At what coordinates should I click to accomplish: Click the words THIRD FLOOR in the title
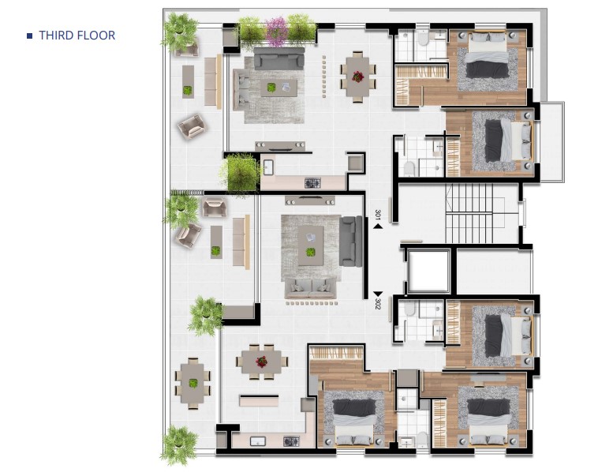[77, 36]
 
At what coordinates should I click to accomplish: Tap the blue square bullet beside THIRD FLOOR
[29, 36]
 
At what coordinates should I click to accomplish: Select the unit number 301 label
[378, 215]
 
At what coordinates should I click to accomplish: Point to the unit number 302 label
[378, 304]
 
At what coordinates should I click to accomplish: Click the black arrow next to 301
[378, 226]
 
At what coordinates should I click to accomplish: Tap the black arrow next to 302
[378, 294]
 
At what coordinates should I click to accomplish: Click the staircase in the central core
[469, 214]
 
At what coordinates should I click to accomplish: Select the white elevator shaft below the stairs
[428, 272]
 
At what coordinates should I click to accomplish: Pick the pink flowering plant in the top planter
[277, 31]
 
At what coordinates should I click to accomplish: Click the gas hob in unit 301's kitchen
[312, 183]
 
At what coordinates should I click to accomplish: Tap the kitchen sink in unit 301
[268, 167]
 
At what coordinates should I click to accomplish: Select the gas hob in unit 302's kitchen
[291, 441]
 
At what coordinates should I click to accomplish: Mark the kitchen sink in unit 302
[258, 441]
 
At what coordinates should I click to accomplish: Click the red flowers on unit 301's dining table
[357, 77]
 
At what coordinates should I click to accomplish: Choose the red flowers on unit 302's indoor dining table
[261, 361]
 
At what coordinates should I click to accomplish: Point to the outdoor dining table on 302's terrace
[192, 384]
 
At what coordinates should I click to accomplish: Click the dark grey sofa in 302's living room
[350, 241]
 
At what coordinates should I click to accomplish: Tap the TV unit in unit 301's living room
[280, 146]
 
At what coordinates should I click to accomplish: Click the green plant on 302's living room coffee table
[310, 253]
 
